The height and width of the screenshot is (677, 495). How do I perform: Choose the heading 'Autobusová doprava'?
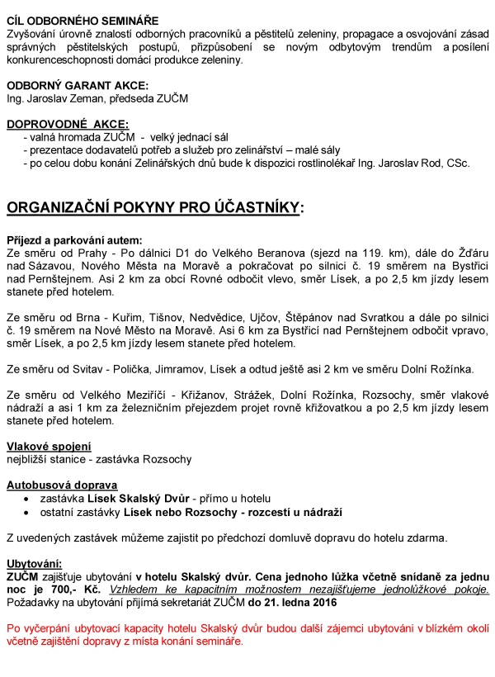coord(62,485)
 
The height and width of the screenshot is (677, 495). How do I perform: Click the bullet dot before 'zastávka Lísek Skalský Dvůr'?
coord(29,499)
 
